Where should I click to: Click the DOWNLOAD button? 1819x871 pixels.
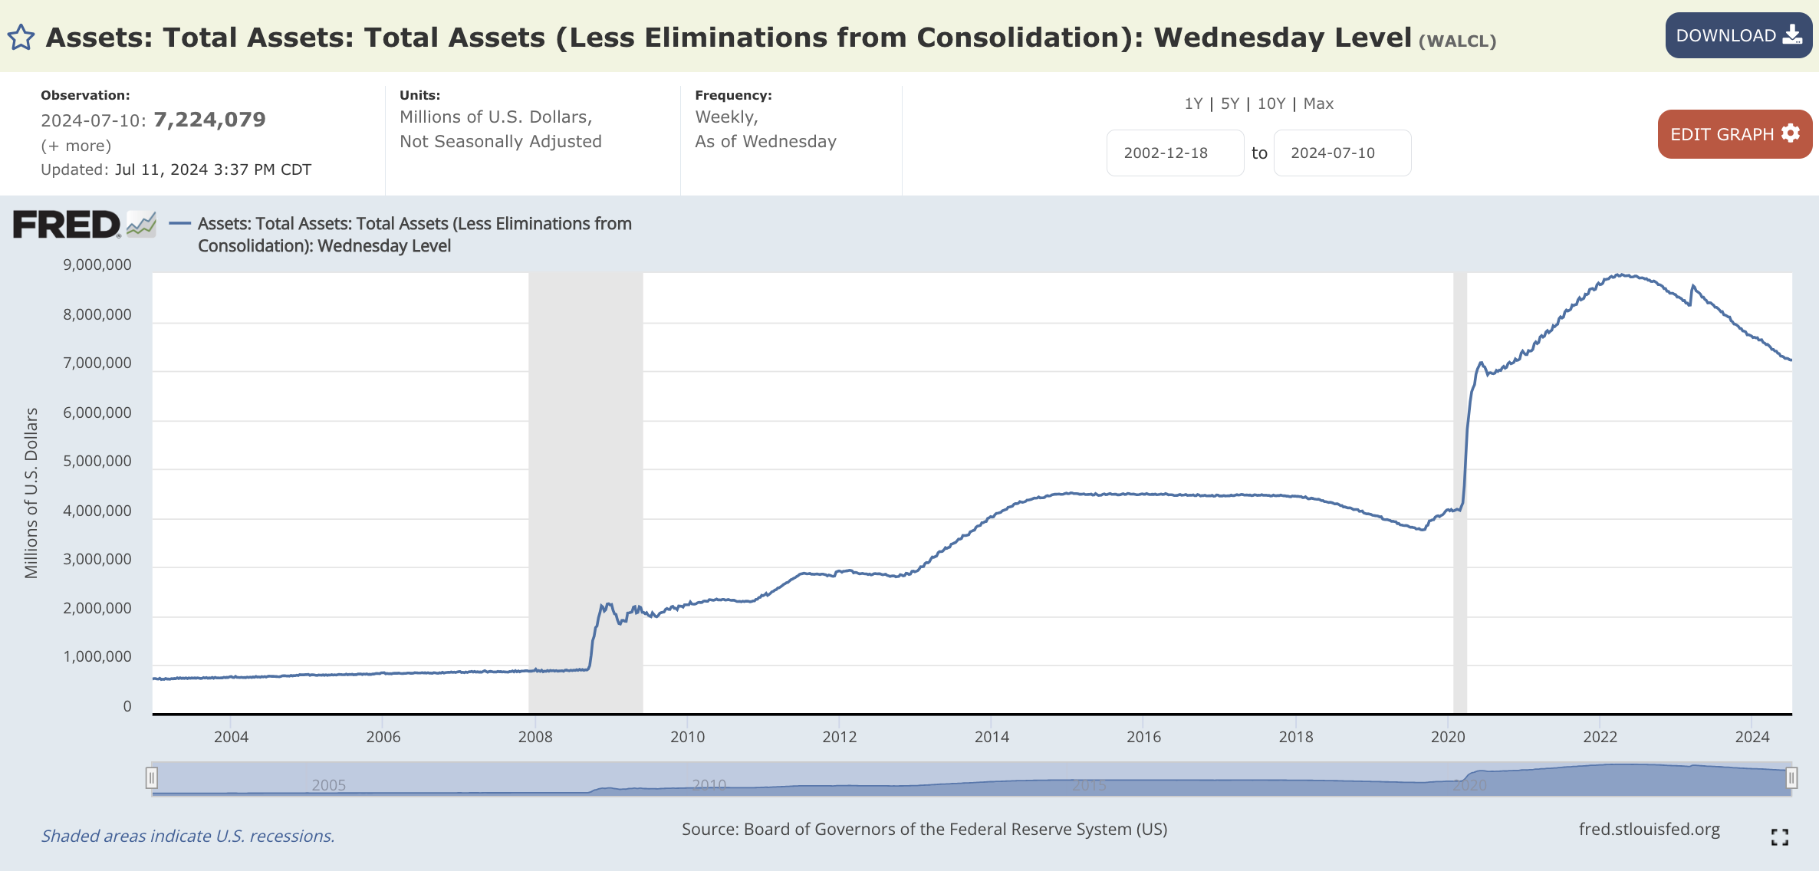coord(1738,35)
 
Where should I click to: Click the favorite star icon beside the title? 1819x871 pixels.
coord(21,38)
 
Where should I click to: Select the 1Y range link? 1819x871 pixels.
coord(1193,104)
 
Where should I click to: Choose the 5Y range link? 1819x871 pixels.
coord(1229,104)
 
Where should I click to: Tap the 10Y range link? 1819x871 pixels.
coord(1271,104)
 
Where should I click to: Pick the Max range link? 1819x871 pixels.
coord(1318,104)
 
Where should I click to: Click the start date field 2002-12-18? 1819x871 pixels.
coord(1174,153)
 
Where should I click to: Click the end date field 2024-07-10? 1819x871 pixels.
coord(1341,153)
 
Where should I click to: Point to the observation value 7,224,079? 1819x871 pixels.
coord(209,120)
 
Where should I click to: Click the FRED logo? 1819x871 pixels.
coord(67,225)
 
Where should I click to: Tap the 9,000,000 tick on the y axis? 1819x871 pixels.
coord(97,265)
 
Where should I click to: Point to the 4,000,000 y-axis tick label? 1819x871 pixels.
coord(97,511)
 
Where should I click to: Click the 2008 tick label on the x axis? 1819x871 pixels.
coord(535,737)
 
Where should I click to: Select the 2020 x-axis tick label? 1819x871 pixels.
coord(1448,737)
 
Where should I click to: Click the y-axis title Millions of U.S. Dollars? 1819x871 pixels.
coord(31,492)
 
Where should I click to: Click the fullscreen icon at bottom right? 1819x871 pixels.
coord(1779,837)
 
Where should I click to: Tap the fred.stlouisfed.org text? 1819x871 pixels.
coord(1649,829)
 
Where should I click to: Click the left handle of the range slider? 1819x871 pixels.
coord(152,778)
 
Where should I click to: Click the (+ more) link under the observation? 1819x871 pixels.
coord(76,146)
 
